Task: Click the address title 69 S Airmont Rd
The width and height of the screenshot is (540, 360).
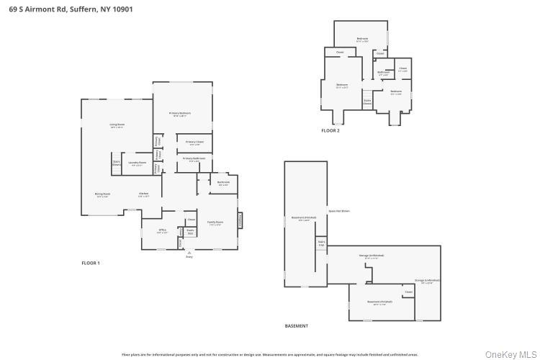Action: coord(71,9)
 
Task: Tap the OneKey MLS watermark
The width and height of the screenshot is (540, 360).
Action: coord(510,354)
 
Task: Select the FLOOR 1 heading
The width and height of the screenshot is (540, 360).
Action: coord(91,263)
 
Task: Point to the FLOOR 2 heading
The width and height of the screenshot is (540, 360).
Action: coord(330,130)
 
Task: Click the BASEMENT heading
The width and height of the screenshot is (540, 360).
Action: coord(296,325)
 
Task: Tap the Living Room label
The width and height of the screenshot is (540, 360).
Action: coord(117,125)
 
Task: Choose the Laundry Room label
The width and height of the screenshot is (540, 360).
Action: coord(137,163)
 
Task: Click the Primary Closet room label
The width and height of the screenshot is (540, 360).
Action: coord(194,142)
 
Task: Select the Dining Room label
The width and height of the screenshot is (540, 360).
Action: coord(103,194)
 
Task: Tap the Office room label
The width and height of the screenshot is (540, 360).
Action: coord(163,230)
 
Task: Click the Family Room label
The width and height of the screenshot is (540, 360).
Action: coord(215,222)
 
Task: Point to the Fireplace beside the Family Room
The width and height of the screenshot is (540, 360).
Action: coord(240,219)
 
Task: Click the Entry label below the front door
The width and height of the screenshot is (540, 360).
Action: coord(189,256)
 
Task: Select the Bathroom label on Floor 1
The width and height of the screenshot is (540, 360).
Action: coord(224,182)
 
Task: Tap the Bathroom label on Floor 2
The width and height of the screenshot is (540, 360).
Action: coord(384,72)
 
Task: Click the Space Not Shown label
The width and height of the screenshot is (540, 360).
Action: coord(339,211)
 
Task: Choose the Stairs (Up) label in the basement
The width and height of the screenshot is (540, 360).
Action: coord(321,244)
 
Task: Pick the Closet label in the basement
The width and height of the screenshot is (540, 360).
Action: coord(408,292)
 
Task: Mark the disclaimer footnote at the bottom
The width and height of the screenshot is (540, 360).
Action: coord(270,354)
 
